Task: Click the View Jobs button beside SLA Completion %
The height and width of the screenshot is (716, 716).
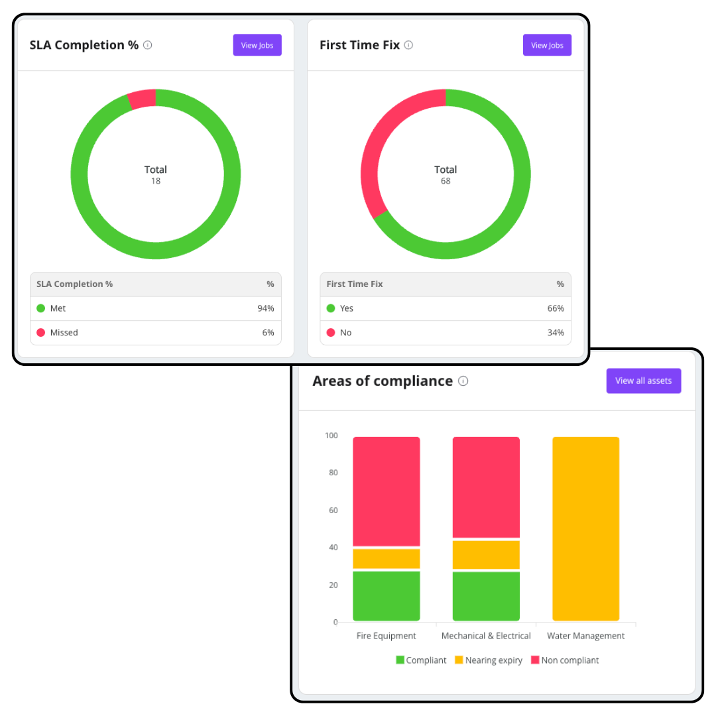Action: pos(257,45)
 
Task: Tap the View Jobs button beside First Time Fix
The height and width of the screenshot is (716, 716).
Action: pos(547,45)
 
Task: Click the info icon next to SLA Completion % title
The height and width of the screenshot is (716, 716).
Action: pos(147,45)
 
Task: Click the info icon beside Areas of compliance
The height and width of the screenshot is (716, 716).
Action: pos(463,381)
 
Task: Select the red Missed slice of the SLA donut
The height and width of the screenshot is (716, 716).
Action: pos(143,99)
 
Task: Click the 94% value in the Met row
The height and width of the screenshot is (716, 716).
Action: pos(266,308)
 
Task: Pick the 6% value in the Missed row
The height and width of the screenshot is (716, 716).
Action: pos(268,332)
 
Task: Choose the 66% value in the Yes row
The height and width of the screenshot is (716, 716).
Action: pos(556,308)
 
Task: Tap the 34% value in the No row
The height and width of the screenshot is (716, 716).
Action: pos(556,332)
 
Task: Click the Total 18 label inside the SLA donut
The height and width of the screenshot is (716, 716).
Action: pos(156,175)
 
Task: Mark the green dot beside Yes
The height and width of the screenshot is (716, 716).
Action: pos(331,308)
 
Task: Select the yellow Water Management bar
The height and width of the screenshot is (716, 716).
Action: pos(586,529)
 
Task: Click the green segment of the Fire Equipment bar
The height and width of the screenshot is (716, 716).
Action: pos(387,596)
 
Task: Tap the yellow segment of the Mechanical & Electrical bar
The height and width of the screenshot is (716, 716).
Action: pos(487,555)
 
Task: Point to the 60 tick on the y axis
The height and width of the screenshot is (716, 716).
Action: pos(333,510)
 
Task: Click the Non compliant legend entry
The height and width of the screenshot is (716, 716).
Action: pos(565,660)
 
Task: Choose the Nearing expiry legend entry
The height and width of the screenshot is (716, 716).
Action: pos(489,660)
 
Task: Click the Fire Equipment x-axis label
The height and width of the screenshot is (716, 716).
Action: pos(387,636)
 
